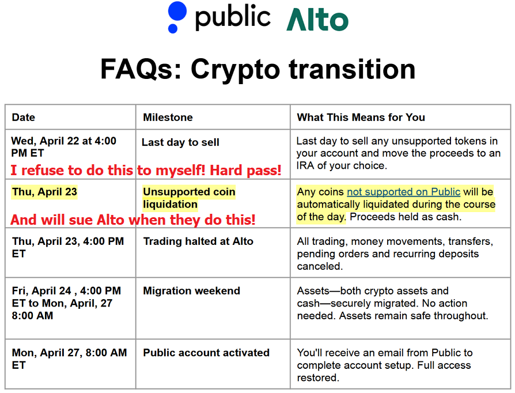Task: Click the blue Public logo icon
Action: point(177,17)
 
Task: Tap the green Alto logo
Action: point(317,20)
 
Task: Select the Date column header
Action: point(23,118)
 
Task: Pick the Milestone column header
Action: point(168,118)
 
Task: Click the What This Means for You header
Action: point(361,118)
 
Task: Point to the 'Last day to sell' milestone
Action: point(180,142)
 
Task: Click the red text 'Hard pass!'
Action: point(245,170)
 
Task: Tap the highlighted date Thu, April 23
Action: point(44,192)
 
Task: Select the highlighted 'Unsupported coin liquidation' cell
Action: point(189,198)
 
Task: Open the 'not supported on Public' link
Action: point(404,192)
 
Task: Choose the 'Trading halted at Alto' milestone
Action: point(198,241)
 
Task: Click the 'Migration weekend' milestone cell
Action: point(191,291)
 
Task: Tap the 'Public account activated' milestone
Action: point(206,353)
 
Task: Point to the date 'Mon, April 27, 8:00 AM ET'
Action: point(69,359)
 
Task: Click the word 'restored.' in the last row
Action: point(318,377)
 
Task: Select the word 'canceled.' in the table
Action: point(320,266)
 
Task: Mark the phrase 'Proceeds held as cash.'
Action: point(406,217)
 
